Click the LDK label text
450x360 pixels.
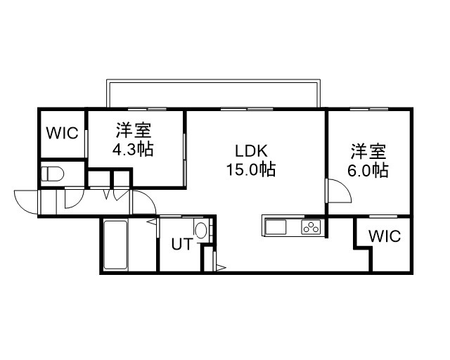pyautogui.click(x=252, y=150)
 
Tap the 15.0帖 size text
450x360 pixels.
pyautogui.click(x=251, y=169)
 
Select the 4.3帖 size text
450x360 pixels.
pyautogui.click(x=133, y=149)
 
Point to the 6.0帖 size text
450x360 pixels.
pyautogui.click(x=368, y=170)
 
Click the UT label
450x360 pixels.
pyautogui.click(x=182, y=244)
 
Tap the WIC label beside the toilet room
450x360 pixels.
pyautogui.click(x=63, y=133)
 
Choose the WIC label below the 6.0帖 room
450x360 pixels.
pyautogui.click(x=385, y=236)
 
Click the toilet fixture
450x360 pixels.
pyautogui.click(x=52, y=174)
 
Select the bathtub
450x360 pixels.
pyautogui.click(x=115, y=245)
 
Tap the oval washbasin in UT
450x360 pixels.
pyautogui.click(x=201, y=230)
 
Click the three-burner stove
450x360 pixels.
pyautogui.click(x=311, y=227)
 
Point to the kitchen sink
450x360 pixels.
pyautogui.click(x=276, y=227)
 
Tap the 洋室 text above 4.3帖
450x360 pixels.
pyautogui.click(x=134, y=130)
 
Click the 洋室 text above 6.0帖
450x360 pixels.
pyautogui.click(x=368, y=151)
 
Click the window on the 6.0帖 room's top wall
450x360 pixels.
pyautogui.click(x=369, y=109)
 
